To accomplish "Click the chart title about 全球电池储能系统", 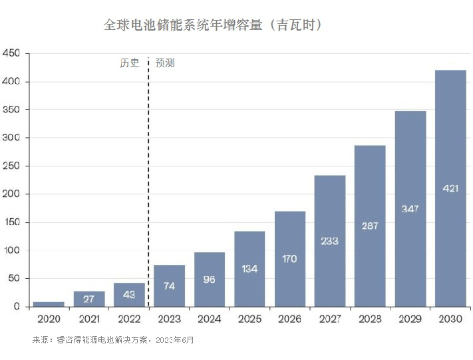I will (214, 25).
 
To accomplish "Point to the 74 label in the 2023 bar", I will (169, 287).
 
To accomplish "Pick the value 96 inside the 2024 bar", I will (209, 280).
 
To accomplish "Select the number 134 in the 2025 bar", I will (249, 270).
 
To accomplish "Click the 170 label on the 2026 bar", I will (289, 259).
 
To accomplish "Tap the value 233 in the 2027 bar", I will (329, 241).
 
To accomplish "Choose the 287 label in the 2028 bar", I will (370, 226).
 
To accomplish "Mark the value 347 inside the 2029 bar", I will (410, 209).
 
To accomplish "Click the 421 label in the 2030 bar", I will (450, 188).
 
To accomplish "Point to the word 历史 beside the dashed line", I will (130, 63).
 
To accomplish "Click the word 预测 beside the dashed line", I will (165, 63).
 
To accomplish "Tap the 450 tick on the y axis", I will (12, 53).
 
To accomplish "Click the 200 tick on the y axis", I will (12, 194).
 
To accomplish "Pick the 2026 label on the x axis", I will (289, 320).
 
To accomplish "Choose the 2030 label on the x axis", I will (450, 320).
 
